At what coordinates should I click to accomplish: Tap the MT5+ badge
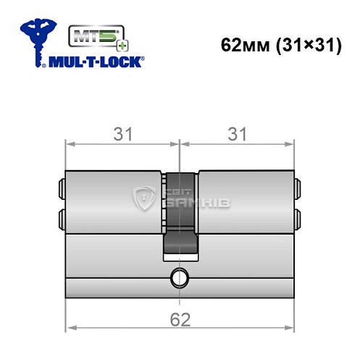[90, 37]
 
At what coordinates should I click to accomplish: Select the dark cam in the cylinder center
[179, 214]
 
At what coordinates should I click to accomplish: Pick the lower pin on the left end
[61, 217]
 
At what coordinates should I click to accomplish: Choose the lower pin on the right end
[297, 217]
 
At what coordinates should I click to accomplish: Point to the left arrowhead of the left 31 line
[70, 144]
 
